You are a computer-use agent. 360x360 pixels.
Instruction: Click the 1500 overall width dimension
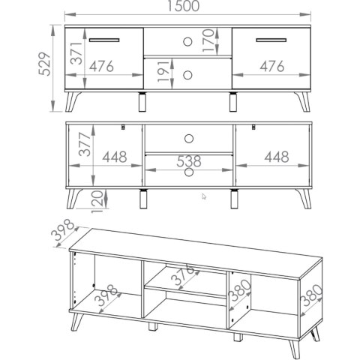pyautogui.click(x=183, y=6)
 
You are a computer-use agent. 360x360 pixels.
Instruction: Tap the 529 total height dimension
pyautogui.click(x=45, y=64)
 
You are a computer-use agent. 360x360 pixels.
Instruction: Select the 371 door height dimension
pyautogui.click(x=76, y=53)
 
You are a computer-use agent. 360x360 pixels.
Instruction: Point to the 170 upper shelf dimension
pyautogui.click(x=208, y=40)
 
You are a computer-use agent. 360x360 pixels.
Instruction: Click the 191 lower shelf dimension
pyautogui.click(x=163, y=71)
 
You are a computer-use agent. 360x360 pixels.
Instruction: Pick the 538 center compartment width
pyautogui.click(x=189, y=161)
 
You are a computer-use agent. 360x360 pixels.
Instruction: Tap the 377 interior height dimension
pyautogui.click(x=85, y=145)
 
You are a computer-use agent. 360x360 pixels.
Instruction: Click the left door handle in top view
pyautogui.click(x=104, y=40)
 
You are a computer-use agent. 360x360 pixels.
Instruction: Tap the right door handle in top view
pyautogui.click(x=271, y=40)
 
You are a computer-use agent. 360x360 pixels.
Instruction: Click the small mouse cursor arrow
pyautogui.click(x=204, y=196)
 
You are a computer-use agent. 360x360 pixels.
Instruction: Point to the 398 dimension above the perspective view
pyautogui.click(x=63, y=229)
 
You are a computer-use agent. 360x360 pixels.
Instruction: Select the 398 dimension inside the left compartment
pyautogui.click(x=107, y=295)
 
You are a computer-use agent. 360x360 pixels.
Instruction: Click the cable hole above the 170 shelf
pyautogui.click(x=187, y=42)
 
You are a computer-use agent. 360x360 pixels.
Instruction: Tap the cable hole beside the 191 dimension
pyautogui.click(x=187, y=75)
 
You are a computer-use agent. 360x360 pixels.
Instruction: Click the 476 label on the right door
pyautogui.click(x=272, y=66)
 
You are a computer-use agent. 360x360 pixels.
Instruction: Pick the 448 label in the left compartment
pyautogui.click(x=115, y=157)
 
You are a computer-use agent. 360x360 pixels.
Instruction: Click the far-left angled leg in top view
pyautogui.click(x=72, y=101)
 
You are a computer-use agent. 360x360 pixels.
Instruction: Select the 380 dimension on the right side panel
pyautogui.click(x=312, y=295)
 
